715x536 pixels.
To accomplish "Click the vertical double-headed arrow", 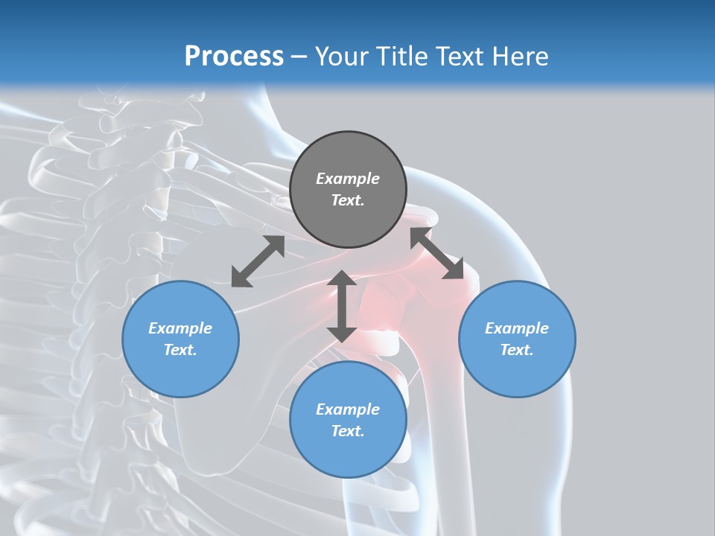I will click(x=342, y=306).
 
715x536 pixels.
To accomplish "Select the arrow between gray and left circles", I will click(x=258, y=261).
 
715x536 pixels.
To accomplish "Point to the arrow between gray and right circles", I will click(x=437, y=254).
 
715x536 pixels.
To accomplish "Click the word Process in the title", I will click(x=234, y=56).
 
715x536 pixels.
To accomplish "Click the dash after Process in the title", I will click(x=299, y=57).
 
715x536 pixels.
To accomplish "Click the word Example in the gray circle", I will click(x=348, y=179).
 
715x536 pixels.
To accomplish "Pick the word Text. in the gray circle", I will click(x=348, y=200).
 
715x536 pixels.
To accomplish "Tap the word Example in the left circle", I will click(x=180, y=328).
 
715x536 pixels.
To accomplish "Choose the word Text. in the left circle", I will click(x=180, y=350).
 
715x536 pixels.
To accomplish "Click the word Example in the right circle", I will click(x=517, y=328).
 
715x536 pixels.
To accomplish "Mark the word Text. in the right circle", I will click(x=517, y=350).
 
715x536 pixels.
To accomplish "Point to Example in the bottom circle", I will click(x=348, y=409).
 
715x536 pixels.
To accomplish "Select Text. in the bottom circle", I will click(x=348, y=431).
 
